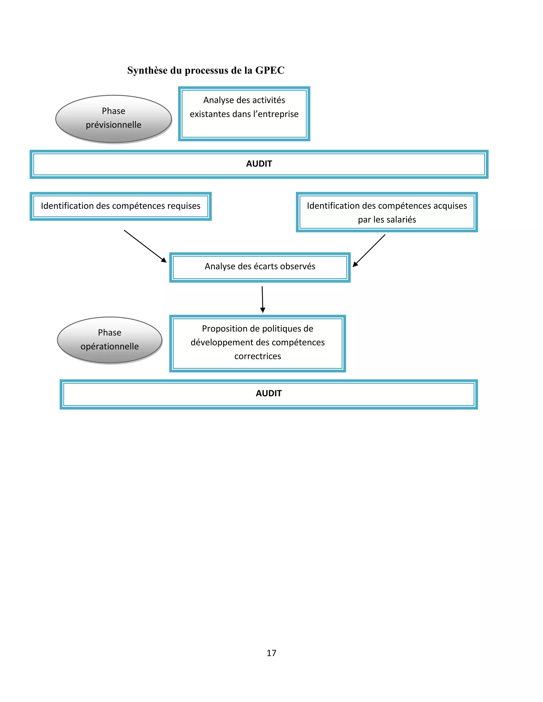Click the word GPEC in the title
click(x=270, y=70)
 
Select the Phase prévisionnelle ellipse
click(x=113, y=119)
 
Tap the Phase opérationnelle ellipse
click(x=110, y=340)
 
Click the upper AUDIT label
click(x=259, y=164)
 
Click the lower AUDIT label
click(x=269, y=393)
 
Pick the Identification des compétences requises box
click(x=121, y=206)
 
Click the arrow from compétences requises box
click(x=145, y=246)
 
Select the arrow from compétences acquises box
click(x=369, y=251)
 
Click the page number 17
click(x=271, y=653)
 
